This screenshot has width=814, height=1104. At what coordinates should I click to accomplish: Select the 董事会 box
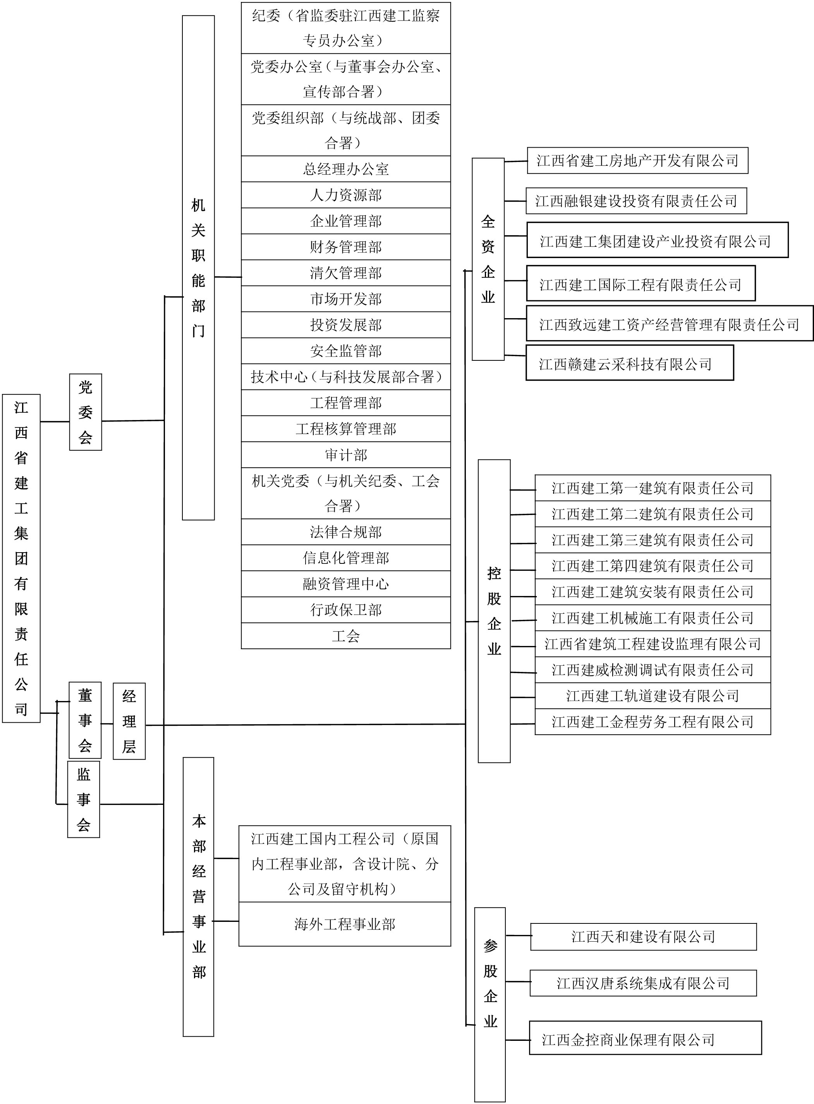(x=85, y=720)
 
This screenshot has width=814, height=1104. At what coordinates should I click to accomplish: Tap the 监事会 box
(x=83, y=799)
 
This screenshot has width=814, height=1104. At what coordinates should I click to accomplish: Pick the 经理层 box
(x=129, y=721)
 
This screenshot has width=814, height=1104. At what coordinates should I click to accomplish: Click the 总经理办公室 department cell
(x=345, y=169)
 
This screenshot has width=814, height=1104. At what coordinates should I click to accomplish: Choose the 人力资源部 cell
(x=345, y=195)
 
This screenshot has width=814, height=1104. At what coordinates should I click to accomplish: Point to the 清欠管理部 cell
(x=345, y=273)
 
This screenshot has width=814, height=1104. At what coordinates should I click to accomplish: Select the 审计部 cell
(x=345, y=455)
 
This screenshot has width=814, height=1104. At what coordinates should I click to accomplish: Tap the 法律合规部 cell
(x=345, y=532)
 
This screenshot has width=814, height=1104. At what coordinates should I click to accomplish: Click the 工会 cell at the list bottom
(x=345, y=636)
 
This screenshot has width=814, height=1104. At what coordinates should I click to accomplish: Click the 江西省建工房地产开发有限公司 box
(x=637, y=161)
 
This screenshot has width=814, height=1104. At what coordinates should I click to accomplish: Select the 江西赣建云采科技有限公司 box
(x=629, y=364)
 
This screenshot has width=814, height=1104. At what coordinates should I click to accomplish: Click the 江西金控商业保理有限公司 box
(x=645, y=1038)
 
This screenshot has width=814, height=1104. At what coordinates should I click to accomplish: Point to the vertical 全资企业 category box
(x=488, y=259)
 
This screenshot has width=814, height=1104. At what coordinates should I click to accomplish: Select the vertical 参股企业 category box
(x=490, y=1003)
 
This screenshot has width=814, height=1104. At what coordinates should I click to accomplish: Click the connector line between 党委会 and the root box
(x=55, y=422)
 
